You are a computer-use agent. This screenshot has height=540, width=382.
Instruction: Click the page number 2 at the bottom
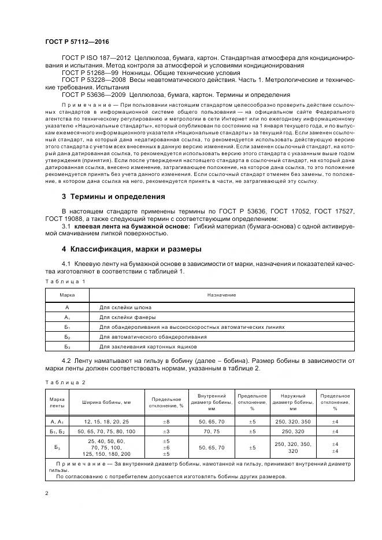(x=47, y=494)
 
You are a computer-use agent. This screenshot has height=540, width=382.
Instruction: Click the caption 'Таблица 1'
(x=65, y=281)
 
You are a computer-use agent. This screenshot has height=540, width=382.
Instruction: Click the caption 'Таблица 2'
(x=65, y=382)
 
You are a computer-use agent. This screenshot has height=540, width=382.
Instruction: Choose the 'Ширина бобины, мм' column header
(x=107, y=403)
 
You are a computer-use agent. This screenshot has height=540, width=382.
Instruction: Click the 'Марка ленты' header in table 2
(x=57, y=403)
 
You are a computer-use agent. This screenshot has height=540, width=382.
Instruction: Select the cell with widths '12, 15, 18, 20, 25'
(x=107, y=422)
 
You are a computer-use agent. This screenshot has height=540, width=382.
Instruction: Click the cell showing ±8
(x=167, y=422)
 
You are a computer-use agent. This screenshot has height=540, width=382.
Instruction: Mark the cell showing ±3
(x=167, y=432)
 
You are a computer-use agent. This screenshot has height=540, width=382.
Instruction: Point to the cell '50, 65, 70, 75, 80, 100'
(x=107, y=432)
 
